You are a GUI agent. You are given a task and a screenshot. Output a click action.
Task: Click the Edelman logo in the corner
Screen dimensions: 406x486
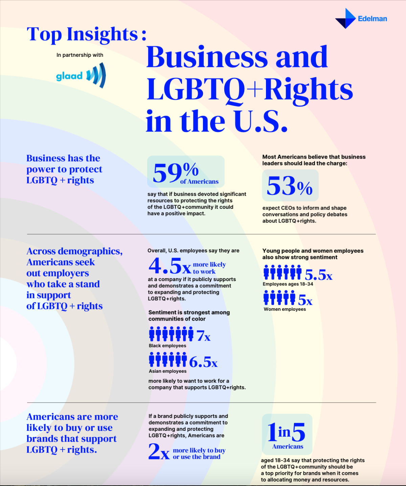[361, 18]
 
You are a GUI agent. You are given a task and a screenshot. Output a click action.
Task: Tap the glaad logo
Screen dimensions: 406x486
[81, 75]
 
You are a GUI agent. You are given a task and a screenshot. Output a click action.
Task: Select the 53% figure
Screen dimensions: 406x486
[290, 186]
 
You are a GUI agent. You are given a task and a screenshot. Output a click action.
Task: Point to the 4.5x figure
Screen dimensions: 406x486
[170, 266]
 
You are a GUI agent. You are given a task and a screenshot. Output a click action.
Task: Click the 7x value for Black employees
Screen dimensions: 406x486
[203, 335]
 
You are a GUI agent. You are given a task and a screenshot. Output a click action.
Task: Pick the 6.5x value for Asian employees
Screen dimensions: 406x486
[203, 362]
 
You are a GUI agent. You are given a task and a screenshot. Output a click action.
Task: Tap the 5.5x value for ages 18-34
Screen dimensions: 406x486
[318, 275]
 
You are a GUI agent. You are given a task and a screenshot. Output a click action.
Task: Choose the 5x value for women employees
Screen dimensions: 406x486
[305, 300]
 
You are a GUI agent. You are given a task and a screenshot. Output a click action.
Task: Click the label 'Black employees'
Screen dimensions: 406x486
[167, 346]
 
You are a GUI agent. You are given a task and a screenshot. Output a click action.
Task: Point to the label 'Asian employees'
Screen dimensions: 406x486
[167, 371]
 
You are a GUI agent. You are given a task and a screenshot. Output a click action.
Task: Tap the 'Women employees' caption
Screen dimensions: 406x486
[285, 309]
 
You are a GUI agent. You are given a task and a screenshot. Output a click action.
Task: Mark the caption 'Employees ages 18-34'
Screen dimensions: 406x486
[288, 284]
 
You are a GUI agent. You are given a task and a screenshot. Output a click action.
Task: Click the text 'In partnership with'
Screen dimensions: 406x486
[80, 55]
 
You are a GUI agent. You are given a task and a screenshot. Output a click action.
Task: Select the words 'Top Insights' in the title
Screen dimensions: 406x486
[82, 34]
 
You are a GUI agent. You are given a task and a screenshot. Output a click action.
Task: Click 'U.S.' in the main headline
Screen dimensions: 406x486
[261, 121]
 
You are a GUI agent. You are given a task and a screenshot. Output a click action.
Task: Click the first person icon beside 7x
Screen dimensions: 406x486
[152, 334]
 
